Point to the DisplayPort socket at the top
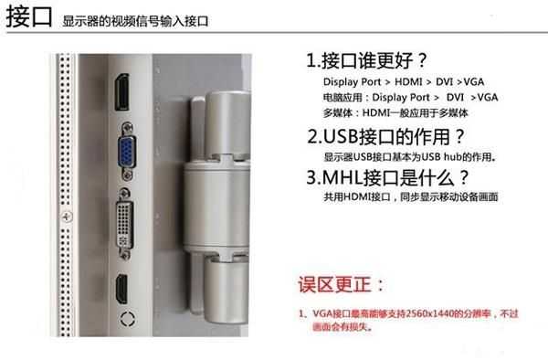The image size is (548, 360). click(121, 92)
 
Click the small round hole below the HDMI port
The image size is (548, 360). click(129, 319)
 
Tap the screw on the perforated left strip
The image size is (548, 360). click(66, 217)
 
